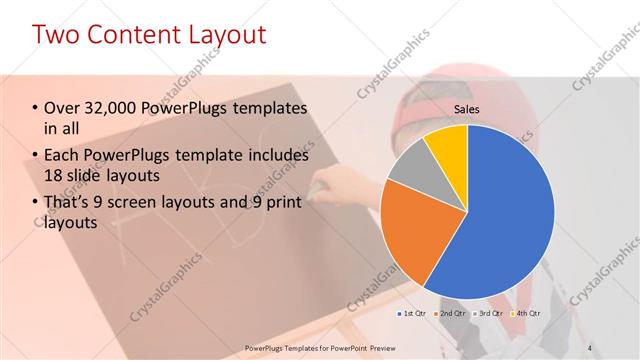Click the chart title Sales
[x=467, y=108]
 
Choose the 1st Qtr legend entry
[x=413, y=314]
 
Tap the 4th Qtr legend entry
[x=530, y=314]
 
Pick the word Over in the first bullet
[x=62, y=107]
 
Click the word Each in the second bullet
[x=63, y=155]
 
